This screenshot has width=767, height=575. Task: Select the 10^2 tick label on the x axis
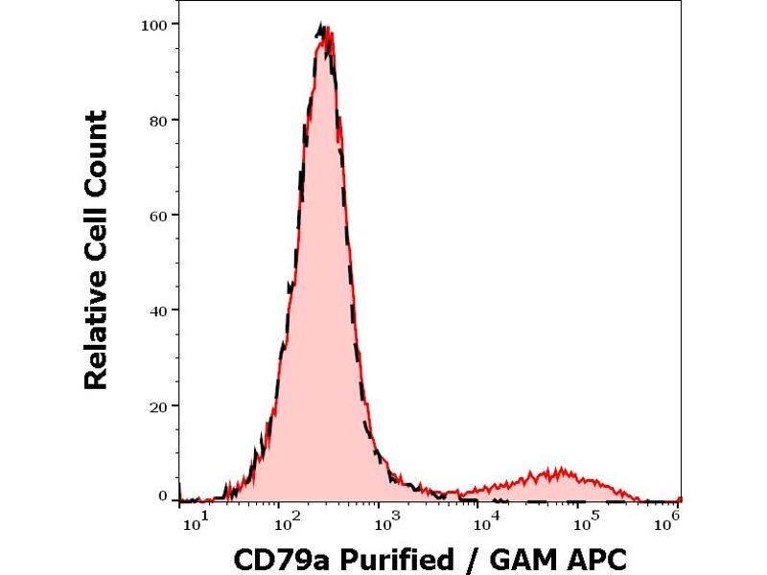[x=285, y=520]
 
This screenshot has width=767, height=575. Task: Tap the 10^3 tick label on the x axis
[x=383, y=520]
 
